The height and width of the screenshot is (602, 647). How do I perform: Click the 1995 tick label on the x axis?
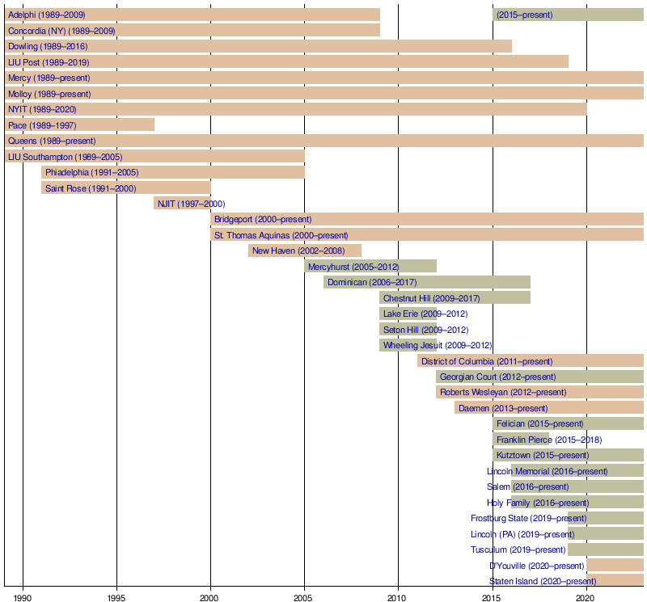pos(116,598)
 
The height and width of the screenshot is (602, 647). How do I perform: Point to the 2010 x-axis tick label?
pos(399,598)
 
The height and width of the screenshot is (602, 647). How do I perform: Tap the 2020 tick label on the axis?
pos(586,598)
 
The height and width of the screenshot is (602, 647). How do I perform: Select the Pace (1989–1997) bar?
pos(79,125)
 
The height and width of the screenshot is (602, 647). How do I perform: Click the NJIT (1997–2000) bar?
pos(183,204)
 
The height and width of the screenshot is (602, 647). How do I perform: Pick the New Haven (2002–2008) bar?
pos(305,250)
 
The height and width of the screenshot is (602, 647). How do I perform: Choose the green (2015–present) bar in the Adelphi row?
pos(569,15)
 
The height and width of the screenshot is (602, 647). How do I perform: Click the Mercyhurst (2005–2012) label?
pos(353,267)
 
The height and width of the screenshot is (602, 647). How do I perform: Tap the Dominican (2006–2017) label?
pos(372,283)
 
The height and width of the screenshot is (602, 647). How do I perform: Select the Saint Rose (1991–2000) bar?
pos(126,187)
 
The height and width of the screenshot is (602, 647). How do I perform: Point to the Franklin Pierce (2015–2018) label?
pos(549,440)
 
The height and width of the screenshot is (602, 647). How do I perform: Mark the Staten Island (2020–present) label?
pos(543,581)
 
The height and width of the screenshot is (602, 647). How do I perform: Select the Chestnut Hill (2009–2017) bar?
pos(455,297)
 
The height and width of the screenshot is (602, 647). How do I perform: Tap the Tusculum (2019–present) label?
pos(518,550)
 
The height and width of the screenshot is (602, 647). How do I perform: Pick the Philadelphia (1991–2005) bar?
pos(173,172)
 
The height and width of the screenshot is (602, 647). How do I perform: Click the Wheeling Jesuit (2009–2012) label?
pos(438,346)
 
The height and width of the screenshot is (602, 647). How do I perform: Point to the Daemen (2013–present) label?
pos(503,409)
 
